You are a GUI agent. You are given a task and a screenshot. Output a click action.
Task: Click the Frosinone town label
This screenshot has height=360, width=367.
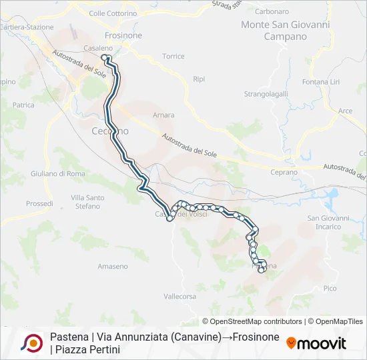(123, 35)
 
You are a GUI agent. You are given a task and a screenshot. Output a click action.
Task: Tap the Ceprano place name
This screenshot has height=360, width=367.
(284, 172)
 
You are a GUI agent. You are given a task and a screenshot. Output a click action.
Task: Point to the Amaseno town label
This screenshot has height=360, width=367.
(113, 267)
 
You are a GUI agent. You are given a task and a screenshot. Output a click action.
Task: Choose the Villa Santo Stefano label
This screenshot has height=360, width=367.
(87, 202)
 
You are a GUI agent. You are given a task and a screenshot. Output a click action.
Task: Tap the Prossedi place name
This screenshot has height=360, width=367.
(39, 203)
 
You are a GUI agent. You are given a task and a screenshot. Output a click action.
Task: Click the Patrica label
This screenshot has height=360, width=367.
(23, 105)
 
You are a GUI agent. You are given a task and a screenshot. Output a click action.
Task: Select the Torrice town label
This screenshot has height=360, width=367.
(173, 57)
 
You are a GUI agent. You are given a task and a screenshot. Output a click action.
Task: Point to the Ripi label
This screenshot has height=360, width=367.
(199, 79)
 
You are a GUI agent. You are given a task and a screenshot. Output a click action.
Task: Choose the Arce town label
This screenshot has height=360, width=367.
(345, 111)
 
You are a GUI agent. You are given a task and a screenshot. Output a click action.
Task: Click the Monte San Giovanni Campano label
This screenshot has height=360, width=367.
(286, 31)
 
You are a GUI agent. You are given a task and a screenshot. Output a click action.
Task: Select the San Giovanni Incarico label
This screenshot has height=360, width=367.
(328, 222)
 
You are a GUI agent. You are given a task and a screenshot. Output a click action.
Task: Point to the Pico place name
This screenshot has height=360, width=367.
(330, 288)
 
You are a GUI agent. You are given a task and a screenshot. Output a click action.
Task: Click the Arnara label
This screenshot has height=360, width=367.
(163, 115)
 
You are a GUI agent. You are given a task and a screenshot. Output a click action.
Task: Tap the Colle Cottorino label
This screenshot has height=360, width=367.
(113, 13)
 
